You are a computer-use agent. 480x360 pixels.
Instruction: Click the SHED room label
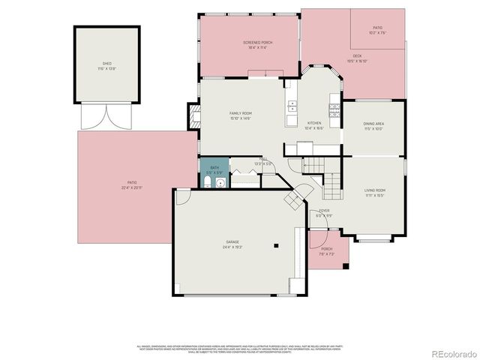[106, 64]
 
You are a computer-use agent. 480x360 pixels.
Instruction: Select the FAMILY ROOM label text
[240, 113]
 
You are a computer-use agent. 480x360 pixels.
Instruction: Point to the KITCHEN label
[314, 123]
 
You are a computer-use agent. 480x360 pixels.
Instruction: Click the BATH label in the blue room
[214, 168]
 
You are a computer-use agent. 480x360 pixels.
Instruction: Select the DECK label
[358, 55]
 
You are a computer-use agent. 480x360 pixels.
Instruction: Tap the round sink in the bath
[220, 181]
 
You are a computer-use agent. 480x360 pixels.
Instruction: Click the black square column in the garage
[277, 244]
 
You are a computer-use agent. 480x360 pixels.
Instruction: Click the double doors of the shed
[106, 117]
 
